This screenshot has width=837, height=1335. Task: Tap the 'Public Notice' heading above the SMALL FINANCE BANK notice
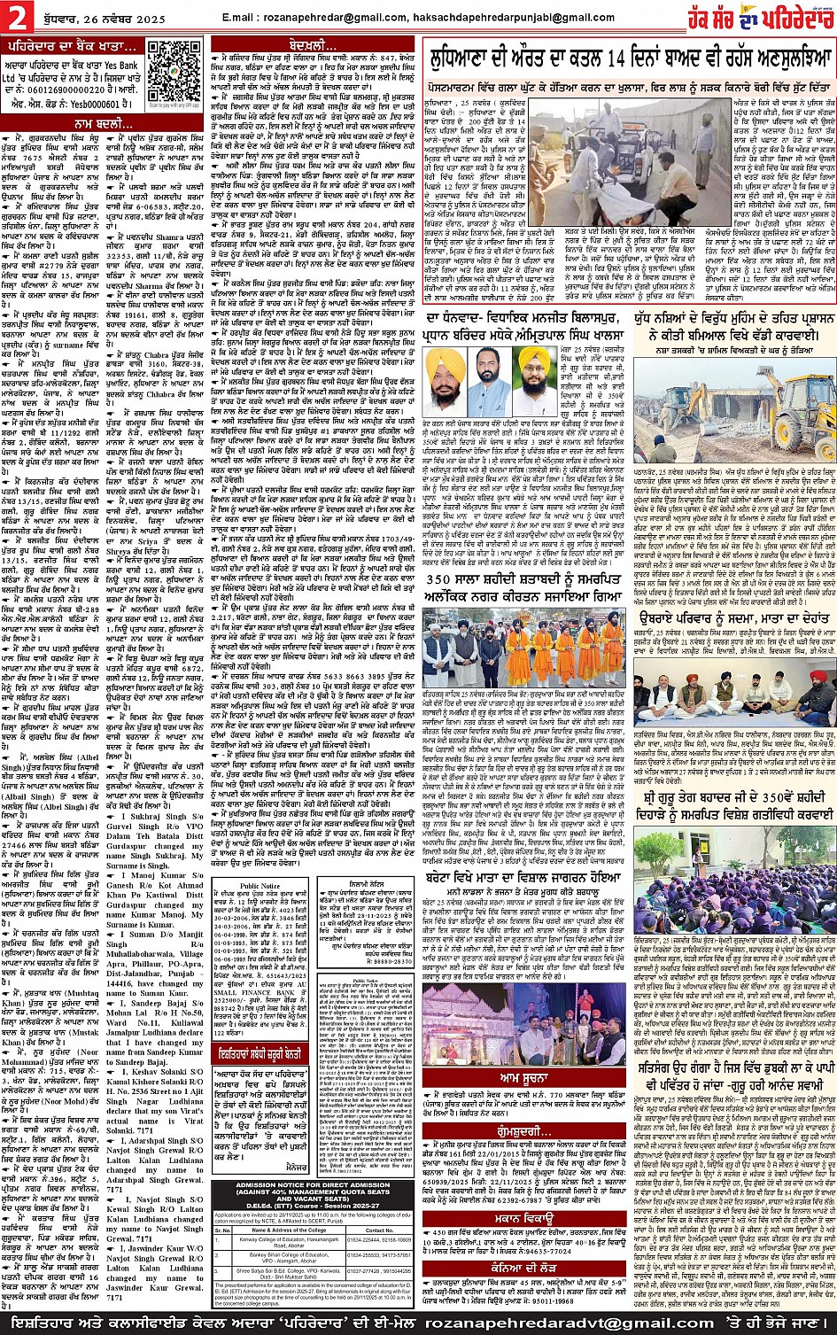click(x=260, y=886)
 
